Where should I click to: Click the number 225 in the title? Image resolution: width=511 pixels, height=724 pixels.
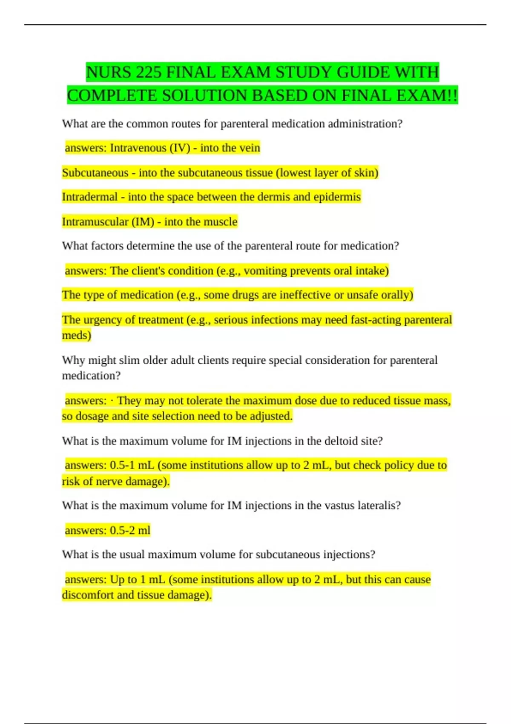click(149, 72)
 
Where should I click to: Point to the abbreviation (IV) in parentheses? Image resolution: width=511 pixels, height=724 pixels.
click(180, 148)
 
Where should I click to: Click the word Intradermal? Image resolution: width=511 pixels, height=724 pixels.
click(89, 197)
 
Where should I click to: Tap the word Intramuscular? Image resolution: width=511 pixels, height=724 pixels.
click(95, 221)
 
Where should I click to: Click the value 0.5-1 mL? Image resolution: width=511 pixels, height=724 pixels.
click(132, 465)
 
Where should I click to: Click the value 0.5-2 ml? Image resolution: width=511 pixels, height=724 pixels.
click(130, 530)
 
